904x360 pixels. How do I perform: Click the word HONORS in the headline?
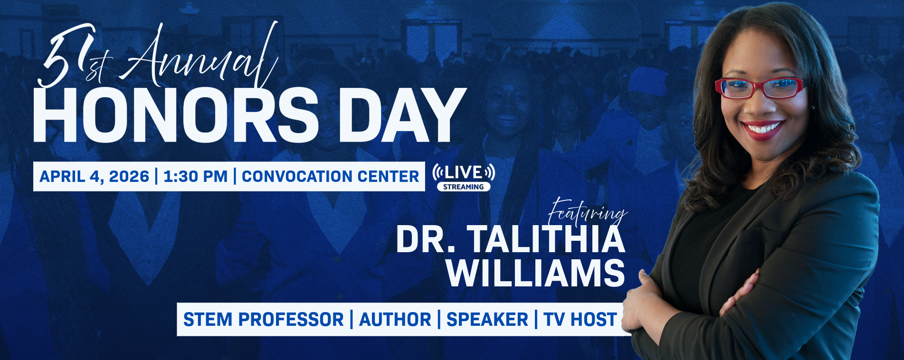tap(175, 115)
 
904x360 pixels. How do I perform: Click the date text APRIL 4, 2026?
tap(94, 177)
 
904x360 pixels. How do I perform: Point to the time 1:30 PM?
tap(196, 177)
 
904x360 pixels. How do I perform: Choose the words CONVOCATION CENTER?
tap(330, 177)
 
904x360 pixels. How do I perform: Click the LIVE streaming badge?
tap(464, 177)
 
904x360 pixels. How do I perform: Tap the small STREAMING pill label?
tap(464, 187)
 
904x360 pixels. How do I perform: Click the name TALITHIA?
tap(547, 239)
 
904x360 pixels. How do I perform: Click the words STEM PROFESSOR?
tap(263, 320)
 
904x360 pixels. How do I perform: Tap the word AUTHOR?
tap(395, 320)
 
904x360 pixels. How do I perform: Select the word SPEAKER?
tap(487, 320)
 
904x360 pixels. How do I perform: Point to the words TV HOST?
tap(580, 320)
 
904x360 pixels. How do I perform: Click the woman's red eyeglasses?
tap(759, 88)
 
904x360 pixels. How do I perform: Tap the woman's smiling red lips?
tap(762, 130)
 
